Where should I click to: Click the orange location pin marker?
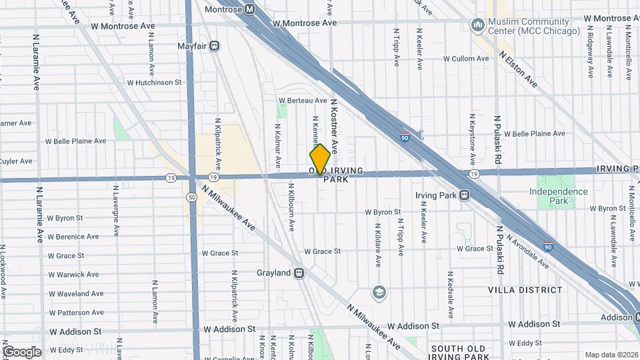320,159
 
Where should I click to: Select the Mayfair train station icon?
215,46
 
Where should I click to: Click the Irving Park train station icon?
464,195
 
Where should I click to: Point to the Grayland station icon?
299,273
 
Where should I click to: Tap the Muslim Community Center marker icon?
477,25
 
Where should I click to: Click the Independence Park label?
559,196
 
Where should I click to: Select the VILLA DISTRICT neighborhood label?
525,290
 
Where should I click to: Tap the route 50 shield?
192,197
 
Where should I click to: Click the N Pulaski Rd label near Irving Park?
497,140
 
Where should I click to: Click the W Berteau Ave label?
303,101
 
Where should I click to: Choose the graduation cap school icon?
379,293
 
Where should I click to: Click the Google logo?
21,351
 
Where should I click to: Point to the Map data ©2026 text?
611,355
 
